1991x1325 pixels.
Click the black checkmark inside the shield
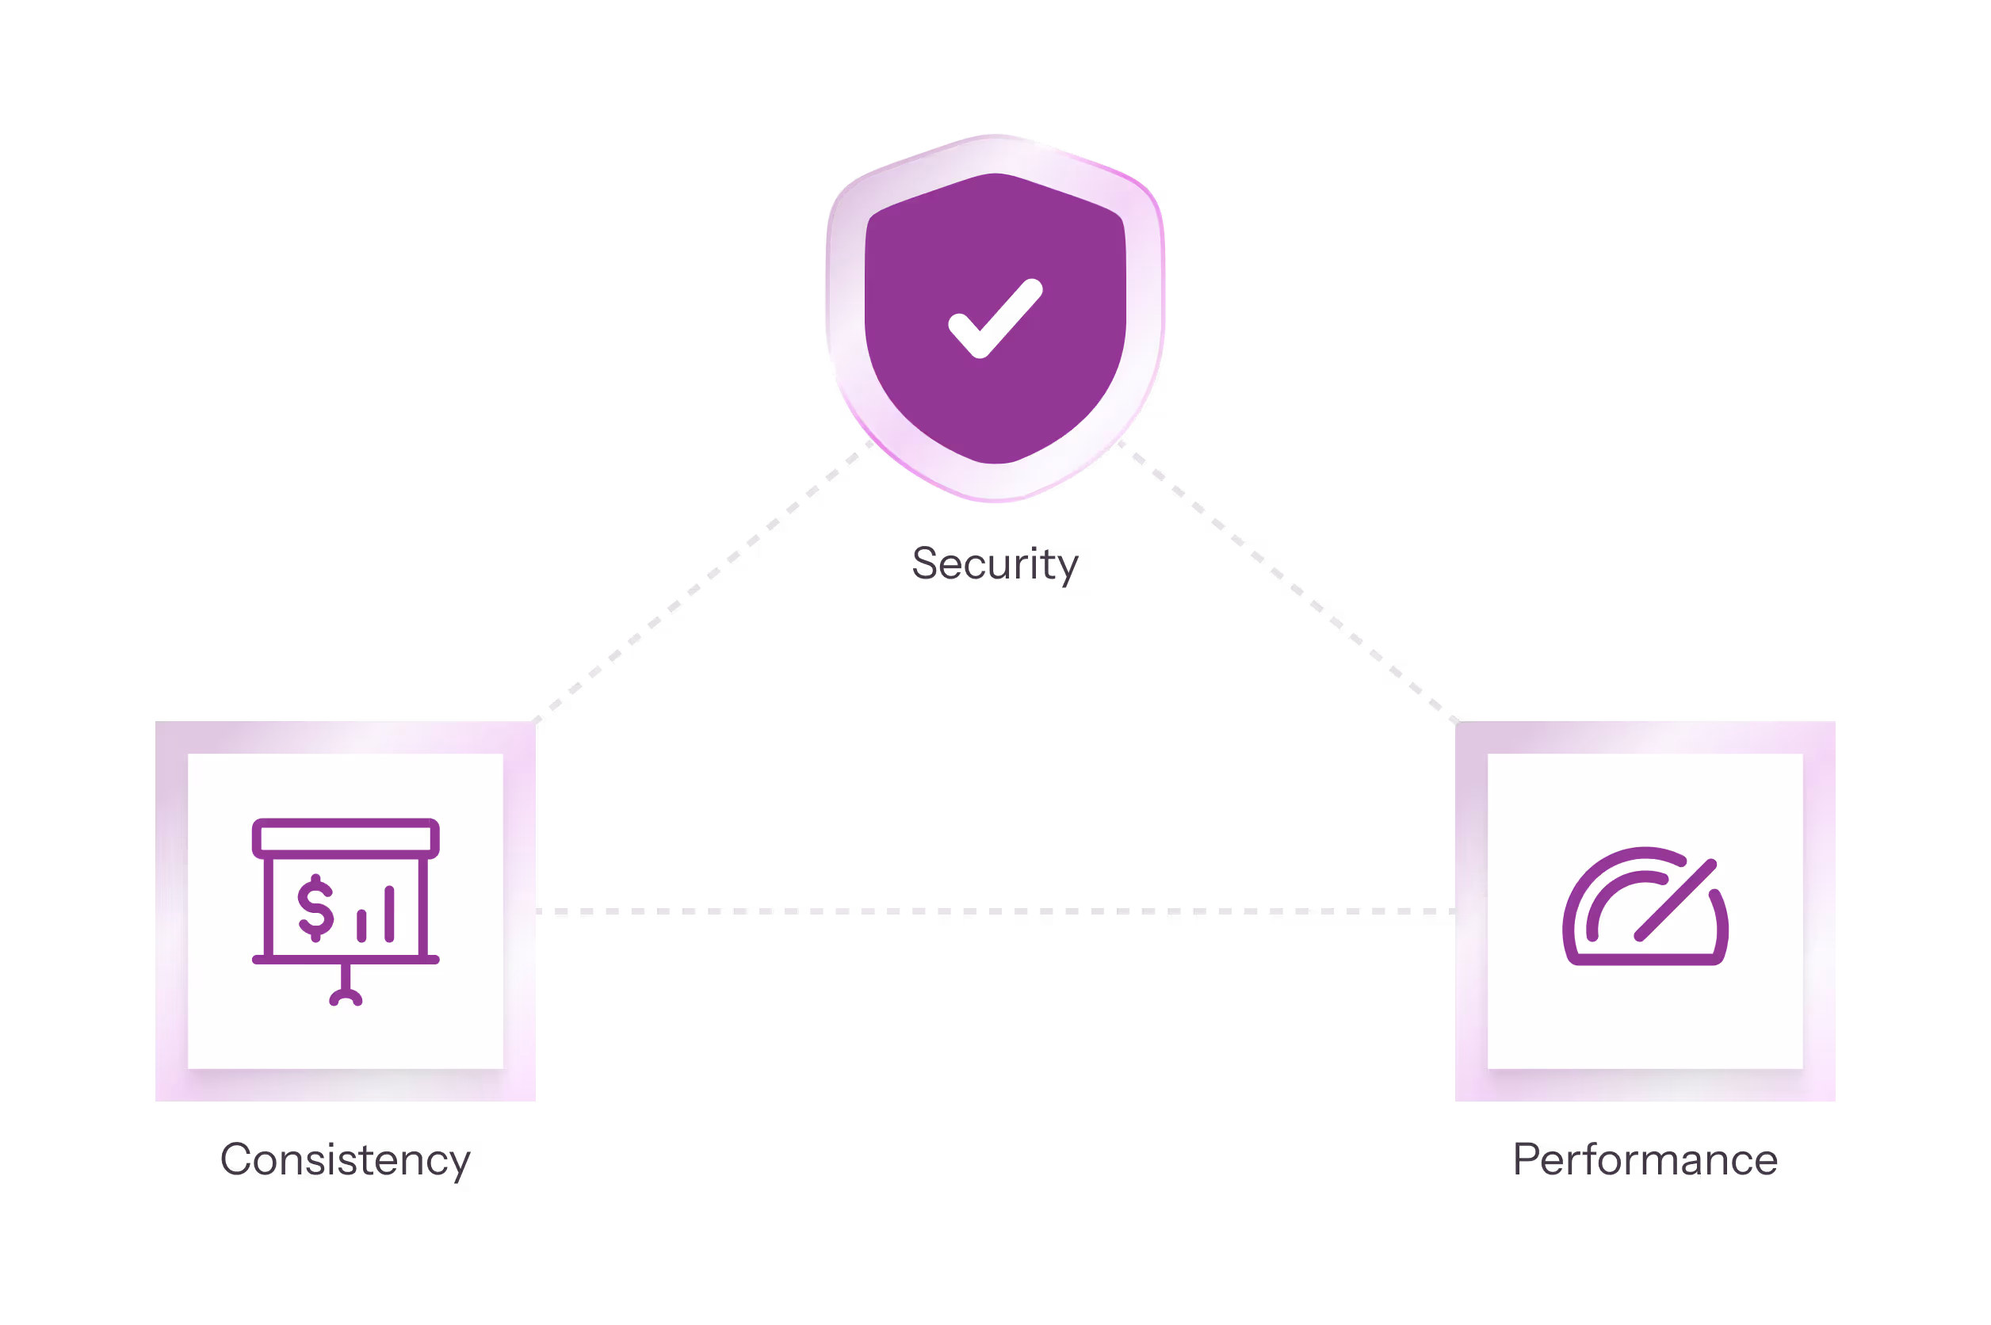point(994,320)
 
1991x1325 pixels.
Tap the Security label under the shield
point(995,563)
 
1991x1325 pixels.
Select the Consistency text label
point(345,1159)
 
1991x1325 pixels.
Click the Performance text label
point(1645,1159)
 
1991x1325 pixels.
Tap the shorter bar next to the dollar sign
point(361,926)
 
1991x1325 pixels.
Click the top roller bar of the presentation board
point(346,838)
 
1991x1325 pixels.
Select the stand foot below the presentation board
point(346,998)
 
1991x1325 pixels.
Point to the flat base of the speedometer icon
point(1645,959)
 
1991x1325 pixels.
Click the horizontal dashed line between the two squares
point(995,912)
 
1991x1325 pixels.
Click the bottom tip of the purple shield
point(995,460)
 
